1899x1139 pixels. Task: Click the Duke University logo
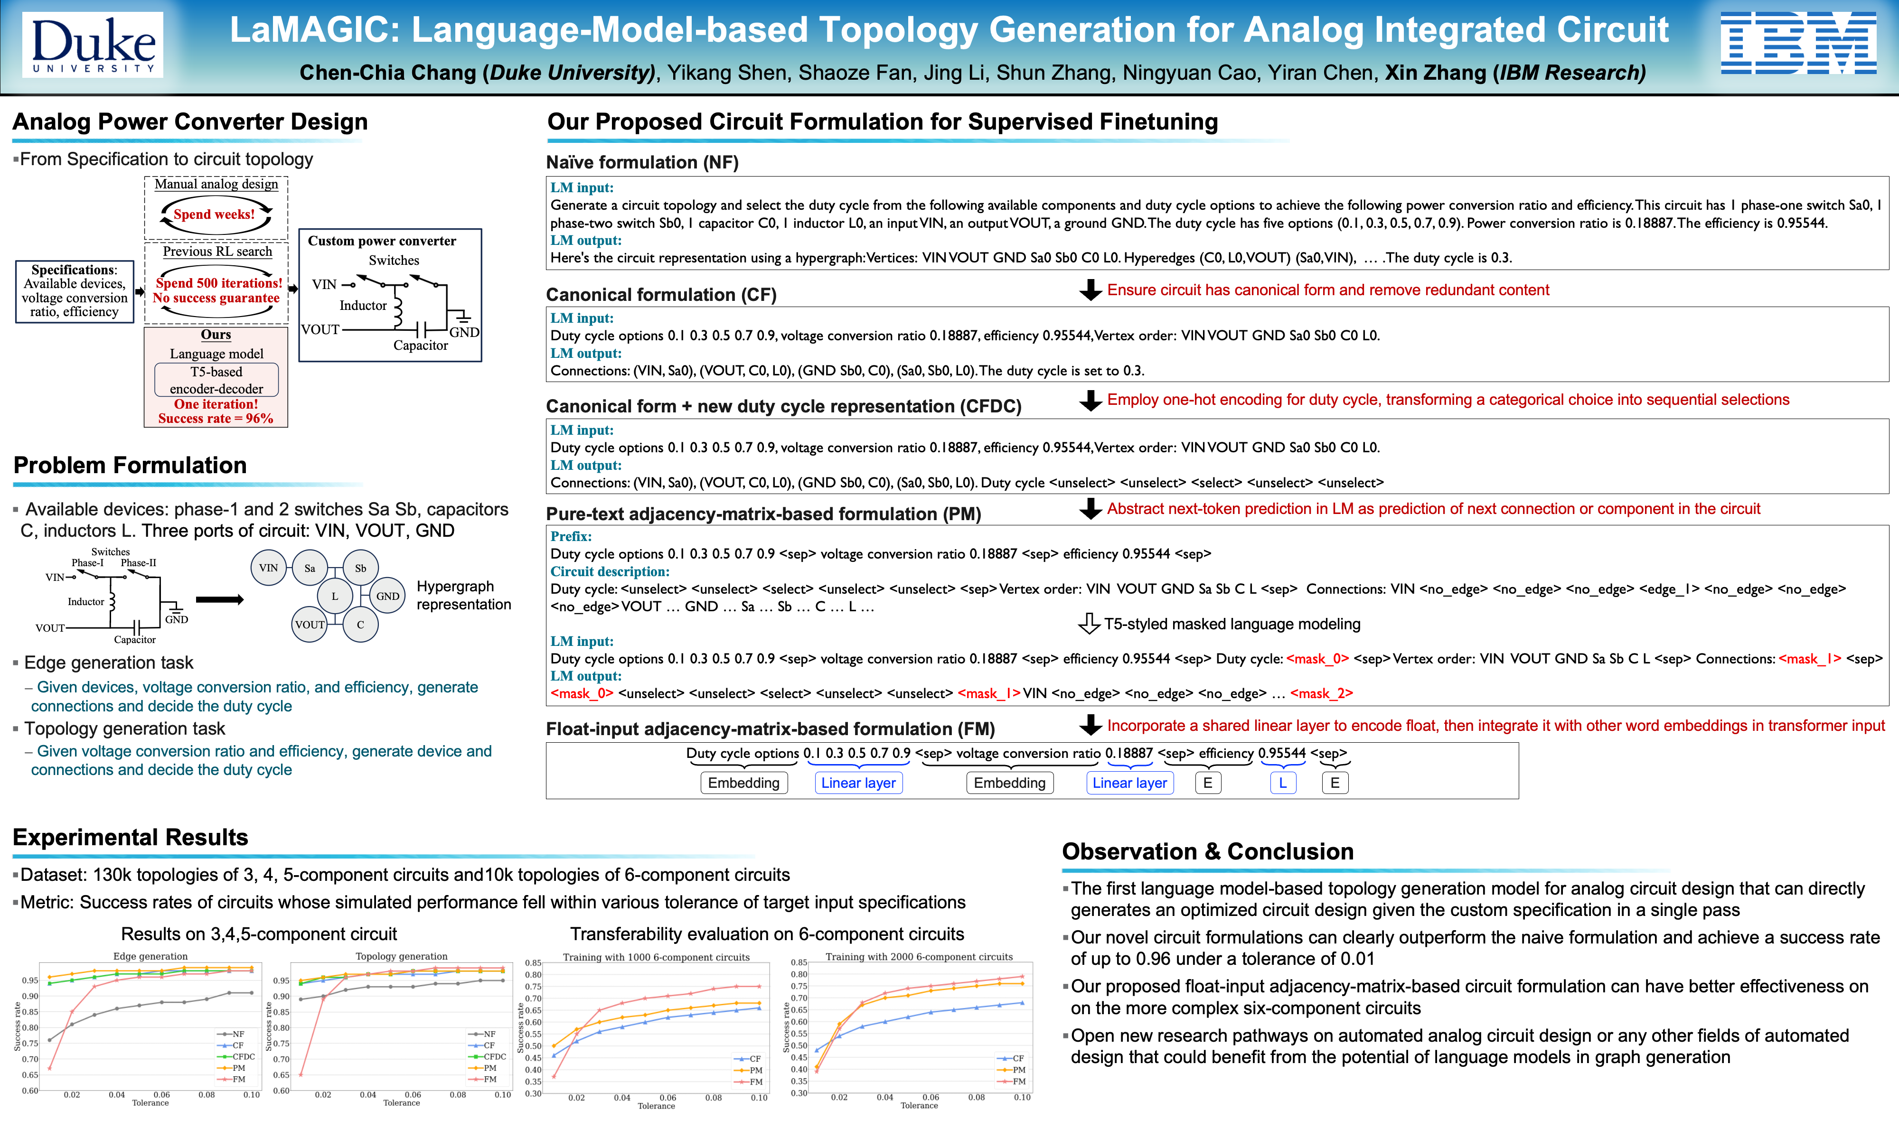coord(94,45)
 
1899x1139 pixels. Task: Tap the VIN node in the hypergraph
coord(269,568)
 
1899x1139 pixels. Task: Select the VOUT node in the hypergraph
coord(310,624)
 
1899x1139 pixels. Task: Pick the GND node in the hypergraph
coord(387,596)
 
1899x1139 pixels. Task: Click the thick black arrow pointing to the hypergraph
coord(219,599)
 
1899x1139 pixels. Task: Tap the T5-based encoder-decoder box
coord(216,380)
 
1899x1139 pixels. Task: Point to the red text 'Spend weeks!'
coord(214,214)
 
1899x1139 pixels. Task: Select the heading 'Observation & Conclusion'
coord(1207,851)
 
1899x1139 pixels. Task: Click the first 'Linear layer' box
coord(858,783)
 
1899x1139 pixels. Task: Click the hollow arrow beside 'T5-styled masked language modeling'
coord(1089,623)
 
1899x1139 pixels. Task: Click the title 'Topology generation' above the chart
coord(402,956)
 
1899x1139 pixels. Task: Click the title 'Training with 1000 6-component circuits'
coord(656,957)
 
